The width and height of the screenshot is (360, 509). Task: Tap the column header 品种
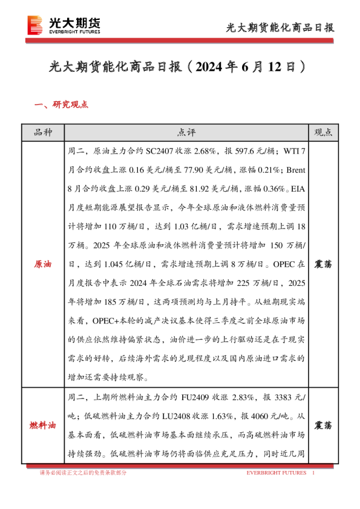(x=42, y=132)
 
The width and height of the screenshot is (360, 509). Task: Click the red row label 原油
(x=42, y=265)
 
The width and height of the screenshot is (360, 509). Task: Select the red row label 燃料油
(x=42, y=426)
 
